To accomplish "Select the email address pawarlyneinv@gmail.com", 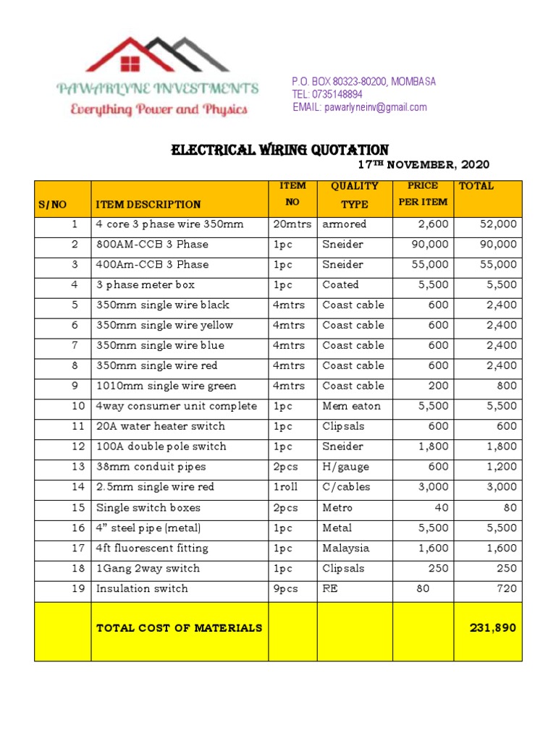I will click(376, 107).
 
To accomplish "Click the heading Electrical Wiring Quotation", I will click(279, 150).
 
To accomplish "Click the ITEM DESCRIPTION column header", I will click(148, 205).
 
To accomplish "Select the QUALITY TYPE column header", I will click(355, 195).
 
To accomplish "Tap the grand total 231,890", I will click(493, 628).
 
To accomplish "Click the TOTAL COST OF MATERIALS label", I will click(179, 628).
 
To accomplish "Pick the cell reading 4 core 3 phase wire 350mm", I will click(170, 224).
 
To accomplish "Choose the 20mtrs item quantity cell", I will click(292, 224).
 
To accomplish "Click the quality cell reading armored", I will click(345, 224).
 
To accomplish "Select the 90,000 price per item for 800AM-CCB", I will click(430, 245).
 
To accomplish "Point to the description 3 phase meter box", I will click(146, 285).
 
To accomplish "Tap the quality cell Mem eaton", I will click(351, 407).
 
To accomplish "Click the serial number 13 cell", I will click(78, 467).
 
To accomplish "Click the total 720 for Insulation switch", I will click(507, 589).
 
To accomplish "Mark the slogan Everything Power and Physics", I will click(159, 110).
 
